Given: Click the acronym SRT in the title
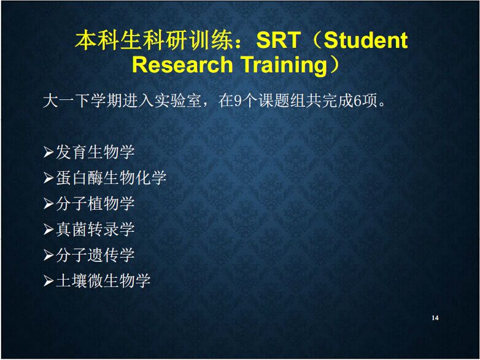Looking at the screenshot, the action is [x=279, y=40].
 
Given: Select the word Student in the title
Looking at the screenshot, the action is [x=366, y=40].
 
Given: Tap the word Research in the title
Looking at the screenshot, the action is [x=182, y=64].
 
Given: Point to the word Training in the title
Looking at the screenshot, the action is [x=284, y=65].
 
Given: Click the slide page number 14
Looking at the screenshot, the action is [x=435, y=318].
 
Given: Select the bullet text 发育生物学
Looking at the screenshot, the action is [x=95, y=151].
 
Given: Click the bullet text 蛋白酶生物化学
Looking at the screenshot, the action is [x=111, y=177].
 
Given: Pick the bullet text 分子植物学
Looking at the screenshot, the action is [x=95, y=204].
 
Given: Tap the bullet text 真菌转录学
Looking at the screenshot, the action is [x=95, y=229].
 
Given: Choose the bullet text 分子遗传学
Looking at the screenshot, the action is [x=95, y=255].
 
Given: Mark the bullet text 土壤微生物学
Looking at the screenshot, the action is [x=103, y=280].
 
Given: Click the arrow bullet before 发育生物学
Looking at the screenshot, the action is [x=48, y=152].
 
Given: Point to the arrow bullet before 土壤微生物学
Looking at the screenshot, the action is [x=48, y=281].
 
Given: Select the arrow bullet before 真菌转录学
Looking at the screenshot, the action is [x=48, y=229].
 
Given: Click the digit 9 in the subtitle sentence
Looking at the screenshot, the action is [x=238, y=101].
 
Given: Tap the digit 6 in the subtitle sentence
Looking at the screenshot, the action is [x=358, y=101].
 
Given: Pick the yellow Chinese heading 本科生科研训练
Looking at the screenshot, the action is [x=153, y=40].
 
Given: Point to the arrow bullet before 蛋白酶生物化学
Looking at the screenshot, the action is [x=48, y=178].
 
